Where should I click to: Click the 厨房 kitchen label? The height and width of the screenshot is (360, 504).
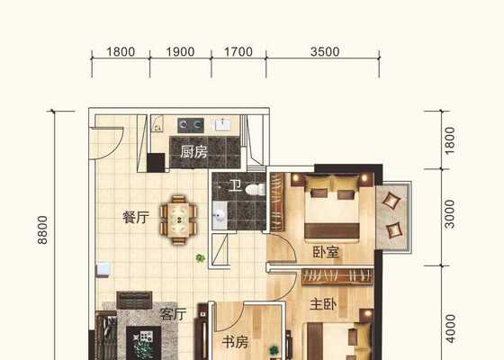193,152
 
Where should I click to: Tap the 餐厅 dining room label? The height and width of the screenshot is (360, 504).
136,217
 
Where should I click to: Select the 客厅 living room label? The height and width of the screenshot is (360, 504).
173,314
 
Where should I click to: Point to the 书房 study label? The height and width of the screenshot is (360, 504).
235,343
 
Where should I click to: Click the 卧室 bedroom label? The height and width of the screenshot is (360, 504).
326,252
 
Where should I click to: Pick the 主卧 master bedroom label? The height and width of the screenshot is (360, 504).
323,304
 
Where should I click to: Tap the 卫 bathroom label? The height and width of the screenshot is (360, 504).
235,185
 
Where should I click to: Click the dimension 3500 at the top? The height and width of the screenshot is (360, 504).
325,52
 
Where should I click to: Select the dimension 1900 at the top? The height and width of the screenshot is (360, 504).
180,52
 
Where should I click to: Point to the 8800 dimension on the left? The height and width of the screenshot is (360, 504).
42,230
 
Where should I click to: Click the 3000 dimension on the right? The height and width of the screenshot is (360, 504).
449,214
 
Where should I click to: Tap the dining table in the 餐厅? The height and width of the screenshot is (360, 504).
178,220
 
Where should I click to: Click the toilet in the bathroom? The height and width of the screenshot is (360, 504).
256,190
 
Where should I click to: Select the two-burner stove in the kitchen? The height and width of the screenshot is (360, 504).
191,125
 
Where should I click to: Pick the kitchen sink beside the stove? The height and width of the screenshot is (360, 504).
222,125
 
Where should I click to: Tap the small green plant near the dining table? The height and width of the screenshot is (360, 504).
200,257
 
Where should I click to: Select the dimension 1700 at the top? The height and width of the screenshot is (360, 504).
238,52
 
